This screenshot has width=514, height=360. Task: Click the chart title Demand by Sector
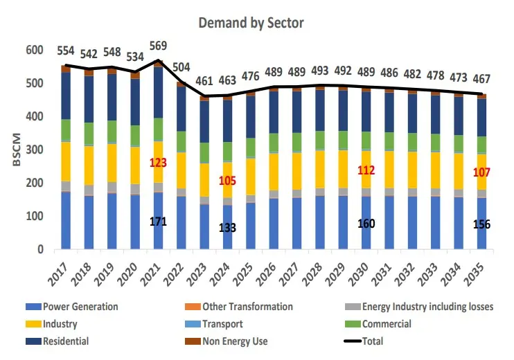pyautogui.click(x=251, y=22)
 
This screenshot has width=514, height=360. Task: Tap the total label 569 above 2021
pyautogui.click(x=159, y=46)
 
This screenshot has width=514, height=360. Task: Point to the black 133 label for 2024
pyautogui.click(x=228, y=228)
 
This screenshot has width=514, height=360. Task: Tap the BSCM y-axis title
pyautogui.click(x=15, y=150)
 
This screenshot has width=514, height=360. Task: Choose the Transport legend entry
pyautogui.click(x=223, y=324)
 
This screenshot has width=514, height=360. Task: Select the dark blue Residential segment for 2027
pyautogui.click(x=297, y=111)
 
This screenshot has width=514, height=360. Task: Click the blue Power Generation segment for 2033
pyautogui.click(x=435, y=222)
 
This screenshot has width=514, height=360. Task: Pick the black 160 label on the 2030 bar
pyautogui.click(x=366, y=224)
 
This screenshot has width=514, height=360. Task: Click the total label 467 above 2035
pyautogui.click(x=481, y=80)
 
